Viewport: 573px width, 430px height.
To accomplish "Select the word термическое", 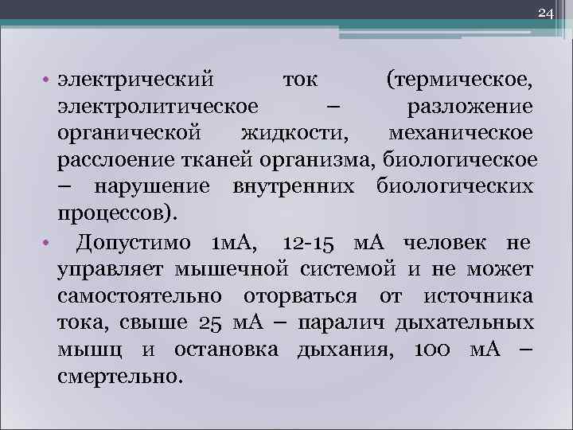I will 461,80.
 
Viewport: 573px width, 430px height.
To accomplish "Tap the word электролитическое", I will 158,107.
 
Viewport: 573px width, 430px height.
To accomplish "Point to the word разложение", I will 470,107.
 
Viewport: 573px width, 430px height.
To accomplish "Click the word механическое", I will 462,134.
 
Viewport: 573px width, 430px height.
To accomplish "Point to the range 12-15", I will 312,242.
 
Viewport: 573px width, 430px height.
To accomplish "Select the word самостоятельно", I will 141,296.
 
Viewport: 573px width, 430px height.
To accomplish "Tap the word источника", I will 478,296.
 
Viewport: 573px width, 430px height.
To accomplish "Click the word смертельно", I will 119,377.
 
